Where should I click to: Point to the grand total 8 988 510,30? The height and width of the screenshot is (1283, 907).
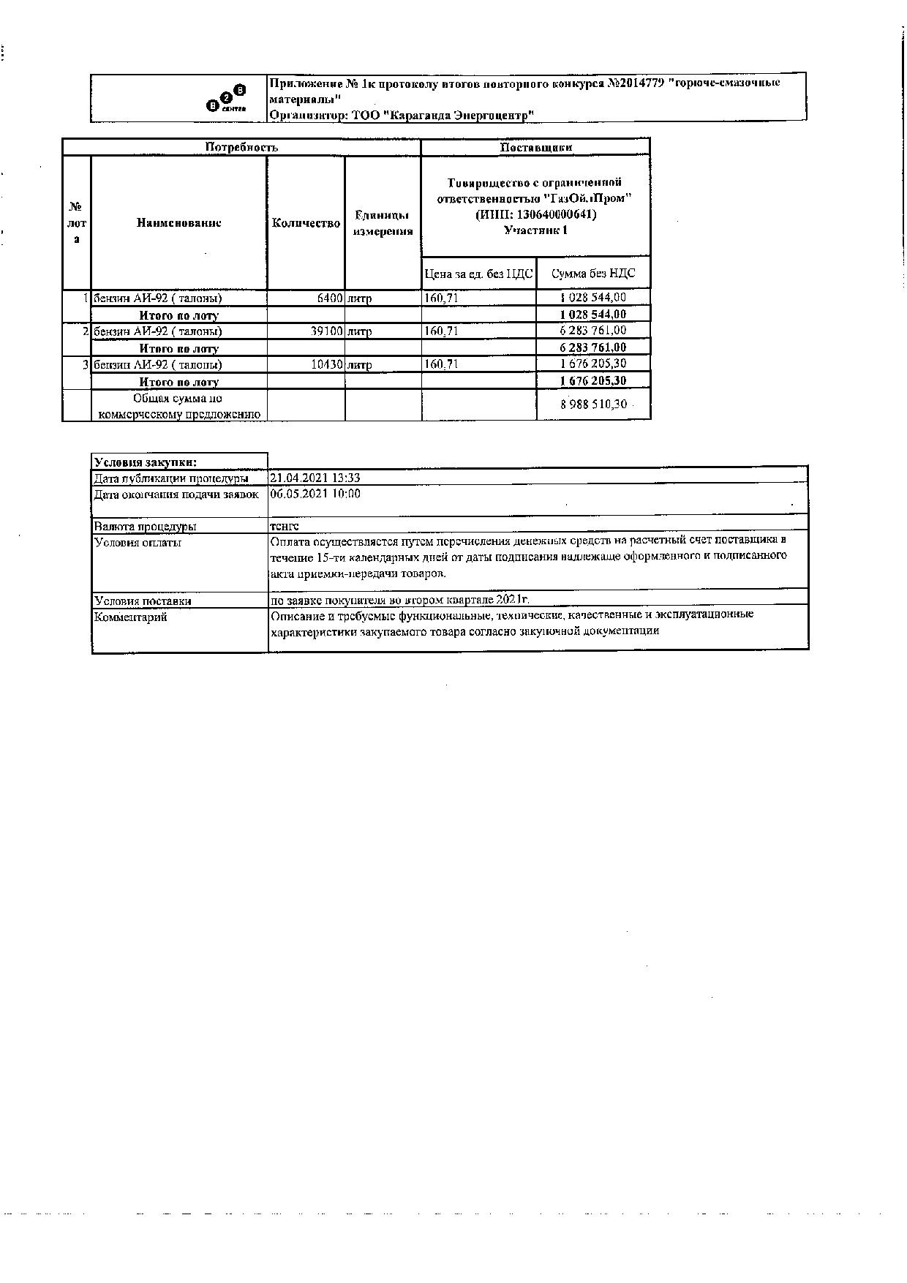(x=593, y=405)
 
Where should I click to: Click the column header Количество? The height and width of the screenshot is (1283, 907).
(x=306, y=223)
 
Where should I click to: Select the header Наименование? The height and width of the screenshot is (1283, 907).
(x=178, y=223)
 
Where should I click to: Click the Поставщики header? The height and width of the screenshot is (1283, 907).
(x=535, y=147)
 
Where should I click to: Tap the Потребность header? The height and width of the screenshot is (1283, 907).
(x=241, y=147)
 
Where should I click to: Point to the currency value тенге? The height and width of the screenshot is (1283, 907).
(x=284, y=526)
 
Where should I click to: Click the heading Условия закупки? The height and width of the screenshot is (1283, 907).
(x=145, y=462)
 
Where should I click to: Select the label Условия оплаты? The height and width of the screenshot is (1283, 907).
(x=138, y=543)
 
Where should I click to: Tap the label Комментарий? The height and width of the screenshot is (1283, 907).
(x=131, y=617)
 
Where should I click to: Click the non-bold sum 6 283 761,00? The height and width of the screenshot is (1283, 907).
(x=593, y=331)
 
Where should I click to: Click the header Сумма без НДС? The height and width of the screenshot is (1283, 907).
(x=593, y=274)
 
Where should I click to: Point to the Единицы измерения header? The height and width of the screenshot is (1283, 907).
(x=383, y=223)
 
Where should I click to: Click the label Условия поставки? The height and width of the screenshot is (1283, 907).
(x=143, y=601)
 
